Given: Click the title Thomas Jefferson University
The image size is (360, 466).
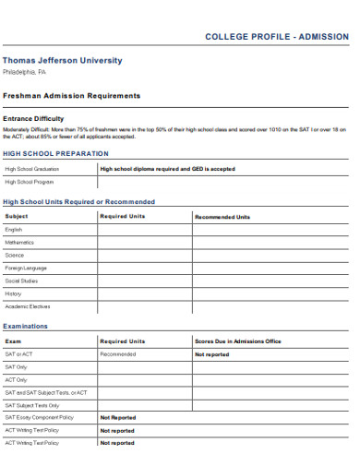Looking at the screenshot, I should (62, 61).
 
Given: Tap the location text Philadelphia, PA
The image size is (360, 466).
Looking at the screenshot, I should (24, 72).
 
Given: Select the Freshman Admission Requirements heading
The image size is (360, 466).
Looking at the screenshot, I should (71, 95).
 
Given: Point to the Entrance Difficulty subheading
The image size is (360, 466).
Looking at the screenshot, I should (34, 119).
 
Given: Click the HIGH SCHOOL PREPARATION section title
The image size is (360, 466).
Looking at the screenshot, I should (55, 153).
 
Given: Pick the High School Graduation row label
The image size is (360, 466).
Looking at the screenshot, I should (32, 169).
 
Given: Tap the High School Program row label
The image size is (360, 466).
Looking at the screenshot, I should (29, 182).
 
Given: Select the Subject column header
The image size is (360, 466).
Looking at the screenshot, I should (17, 217).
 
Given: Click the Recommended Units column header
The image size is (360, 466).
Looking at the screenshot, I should (222, 217).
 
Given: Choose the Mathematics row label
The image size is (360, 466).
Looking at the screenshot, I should (19, 242).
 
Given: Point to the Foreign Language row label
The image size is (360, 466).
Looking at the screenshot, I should (26, 268).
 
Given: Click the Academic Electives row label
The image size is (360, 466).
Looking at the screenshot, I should (28, 306).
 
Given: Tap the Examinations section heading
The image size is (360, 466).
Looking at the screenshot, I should (26, 327).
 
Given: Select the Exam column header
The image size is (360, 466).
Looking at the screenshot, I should (13, 341).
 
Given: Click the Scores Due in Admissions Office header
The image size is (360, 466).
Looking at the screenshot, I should (237, 341).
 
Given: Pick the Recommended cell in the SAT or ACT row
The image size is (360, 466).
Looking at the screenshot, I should (118, 354).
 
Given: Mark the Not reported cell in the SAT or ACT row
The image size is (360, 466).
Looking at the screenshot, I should (211, 354).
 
